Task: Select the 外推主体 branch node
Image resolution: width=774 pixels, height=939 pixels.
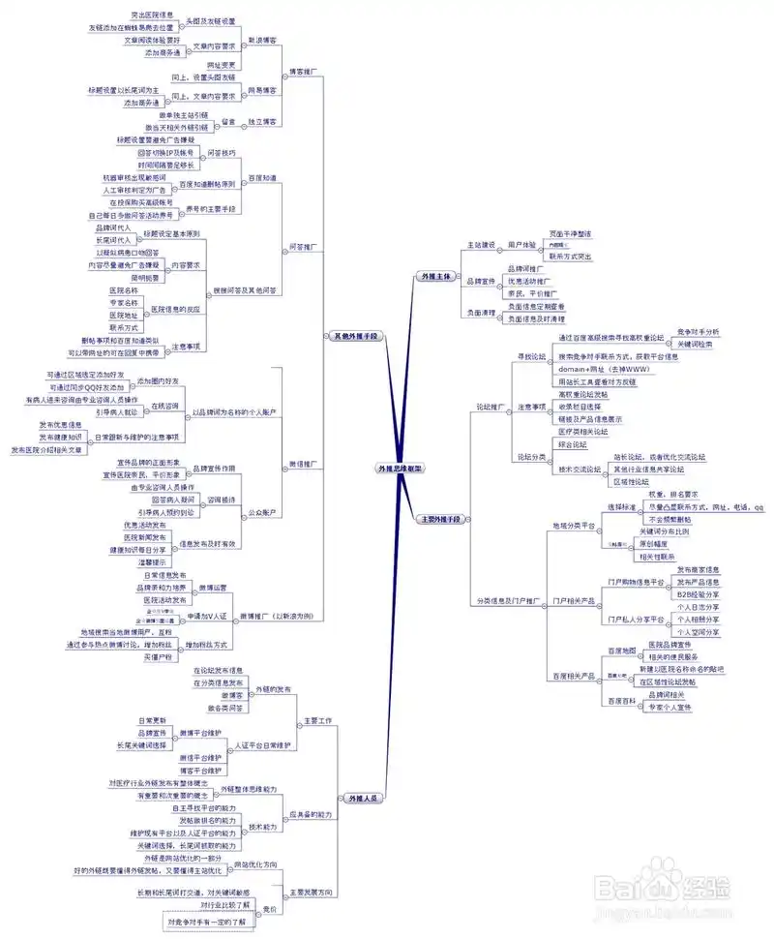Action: click(x=432, y=276)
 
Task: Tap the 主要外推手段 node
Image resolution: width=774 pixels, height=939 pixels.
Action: click(x=439, y=519)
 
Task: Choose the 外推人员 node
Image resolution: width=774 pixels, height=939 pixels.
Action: click(x=364, y=798)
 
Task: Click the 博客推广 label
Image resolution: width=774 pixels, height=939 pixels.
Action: click(x=303, y=72)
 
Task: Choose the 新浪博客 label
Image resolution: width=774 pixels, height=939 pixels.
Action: click(x=262, y=41)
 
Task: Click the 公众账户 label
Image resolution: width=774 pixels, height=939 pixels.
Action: click(x=262, y=511)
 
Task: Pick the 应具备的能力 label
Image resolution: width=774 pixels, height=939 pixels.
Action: click(x=310, y=815)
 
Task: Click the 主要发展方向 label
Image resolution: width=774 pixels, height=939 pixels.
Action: click(x=312, y=891)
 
